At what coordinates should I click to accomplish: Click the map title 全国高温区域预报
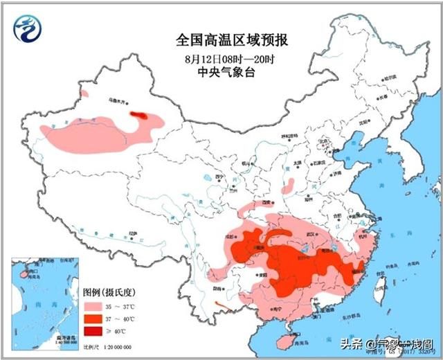tap(221, 39)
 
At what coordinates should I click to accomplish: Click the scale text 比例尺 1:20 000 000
tap(107, 346)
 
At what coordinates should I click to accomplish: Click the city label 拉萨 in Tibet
tap(134, 235)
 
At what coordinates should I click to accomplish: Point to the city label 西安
tap(266, 202)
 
